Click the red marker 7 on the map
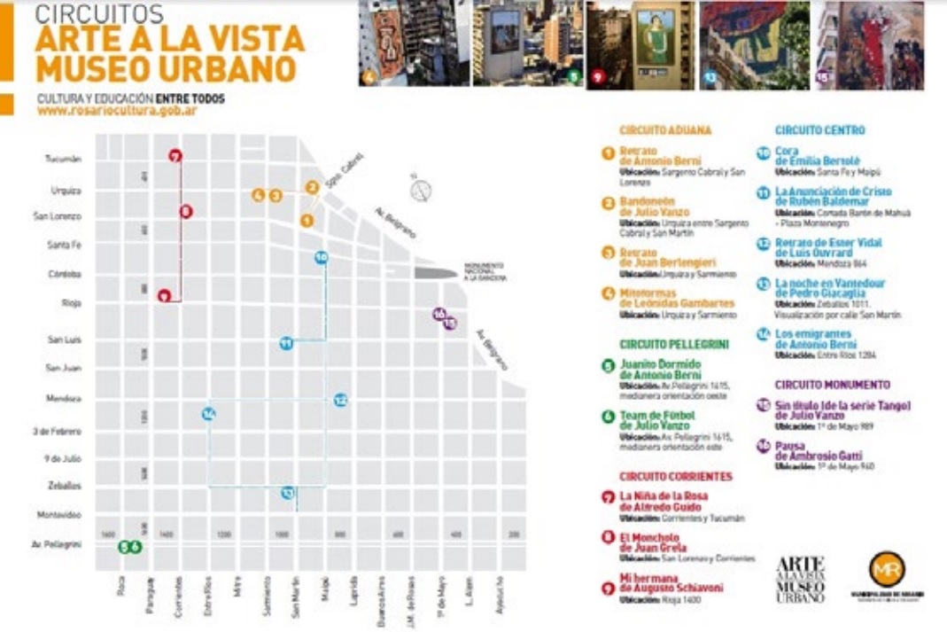click(175, 157)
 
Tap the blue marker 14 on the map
click(208, 413)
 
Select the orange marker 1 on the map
click(307, 220)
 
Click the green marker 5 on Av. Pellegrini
click(125, 547)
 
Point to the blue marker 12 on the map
click(340, 400)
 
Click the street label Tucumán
click(65, 160)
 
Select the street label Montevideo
click(60, 514)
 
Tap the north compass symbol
click(421, 190)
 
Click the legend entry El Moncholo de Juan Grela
click(653, 542)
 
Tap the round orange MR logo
click(887, 568)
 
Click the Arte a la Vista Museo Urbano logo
click(800, 579)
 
